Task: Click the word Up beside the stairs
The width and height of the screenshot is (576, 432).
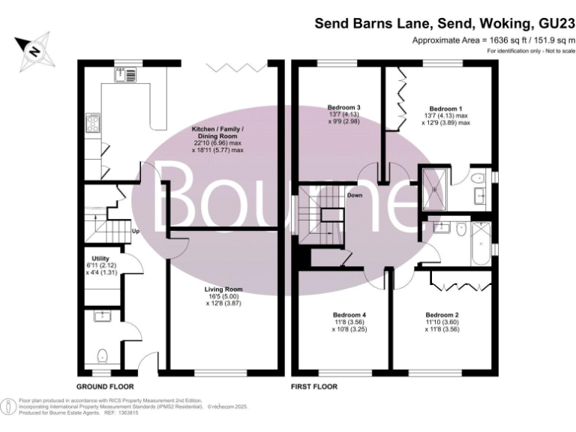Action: coord(136,231)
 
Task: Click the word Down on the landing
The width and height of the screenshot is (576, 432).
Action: coord(355,195)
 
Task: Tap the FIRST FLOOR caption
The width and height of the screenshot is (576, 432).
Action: coord(313,387)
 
